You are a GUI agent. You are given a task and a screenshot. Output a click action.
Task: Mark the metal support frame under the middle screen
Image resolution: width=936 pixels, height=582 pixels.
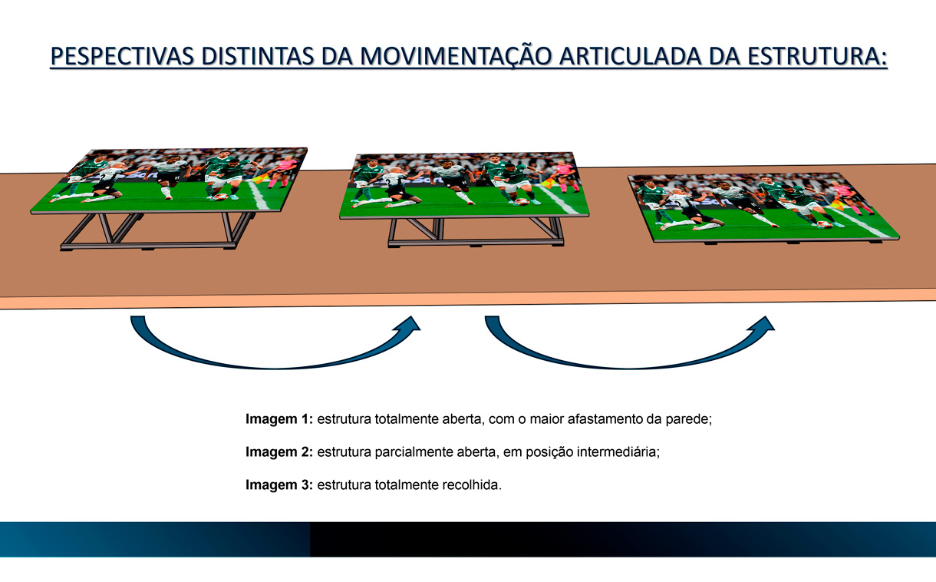(476, 233)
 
